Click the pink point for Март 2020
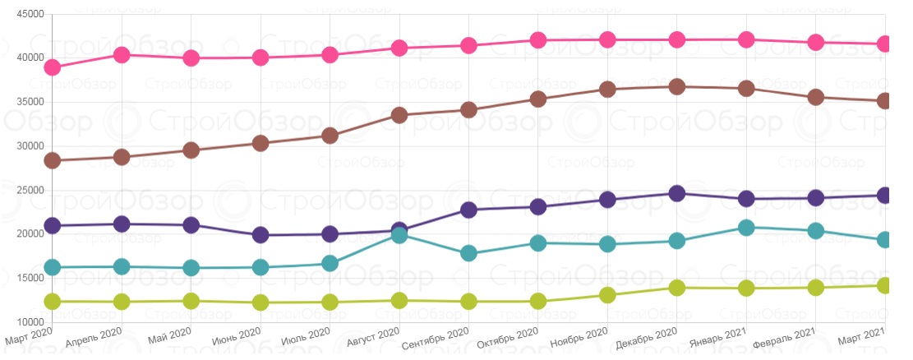point(52,67)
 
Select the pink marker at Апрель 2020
point(122,55)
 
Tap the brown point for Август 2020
point(399,115)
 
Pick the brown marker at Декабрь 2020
point(677,87)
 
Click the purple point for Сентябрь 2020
point(468,210)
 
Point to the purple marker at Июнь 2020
point(261,235)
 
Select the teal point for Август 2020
point(399,235)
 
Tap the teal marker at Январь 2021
point(746,228)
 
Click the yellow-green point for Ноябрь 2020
point(607,295)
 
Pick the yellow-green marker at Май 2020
point(191,302)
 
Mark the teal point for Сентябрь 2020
point(468,253)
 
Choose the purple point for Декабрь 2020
point(677,194)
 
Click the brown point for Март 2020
point(52,160)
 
